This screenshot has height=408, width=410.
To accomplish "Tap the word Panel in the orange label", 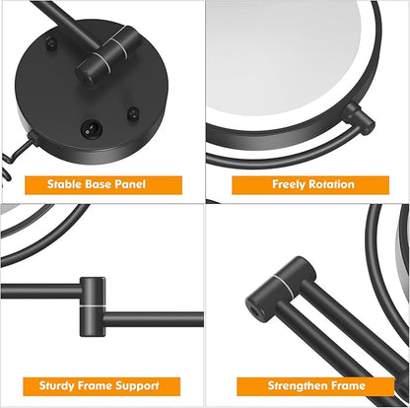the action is pyautogui.click(x=130, y=184).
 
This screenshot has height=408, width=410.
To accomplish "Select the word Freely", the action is pyautogui.click(x=289, y=184).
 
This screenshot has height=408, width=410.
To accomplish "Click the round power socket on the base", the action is pyautogui.click(x=91, y=128).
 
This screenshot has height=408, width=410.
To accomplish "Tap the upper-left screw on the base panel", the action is pyautogui.click(x=51, y=42).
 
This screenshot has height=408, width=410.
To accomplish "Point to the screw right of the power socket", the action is pyautogui.click(x=133, y=113).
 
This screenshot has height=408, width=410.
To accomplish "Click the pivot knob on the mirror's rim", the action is pyautogui.click(x=358, y=117).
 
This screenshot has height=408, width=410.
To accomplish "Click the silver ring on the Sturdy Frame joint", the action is pyautogui.click(x=93, y=306).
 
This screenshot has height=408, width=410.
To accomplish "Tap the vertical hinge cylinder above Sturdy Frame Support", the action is pyautogui.click(x=93, y=306).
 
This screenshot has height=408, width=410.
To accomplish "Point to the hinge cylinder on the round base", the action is pyautogui.click(x=108, y=55).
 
